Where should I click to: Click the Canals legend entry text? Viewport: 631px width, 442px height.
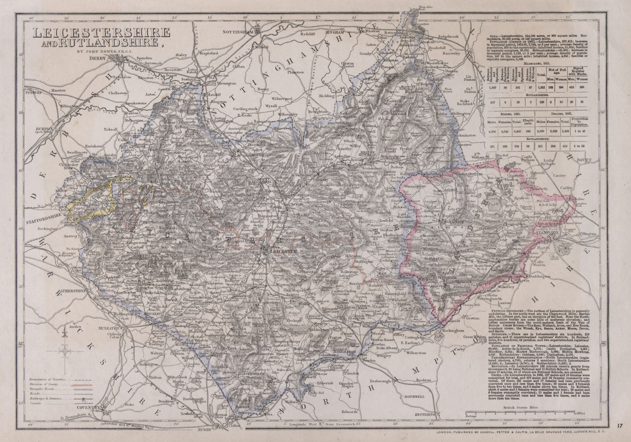click(35, 404)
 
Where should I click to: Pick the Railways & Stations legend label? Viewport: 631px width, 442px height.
click(47, 399)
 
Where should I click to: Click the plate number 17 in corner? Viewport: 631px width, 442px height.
click(621, 425)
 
